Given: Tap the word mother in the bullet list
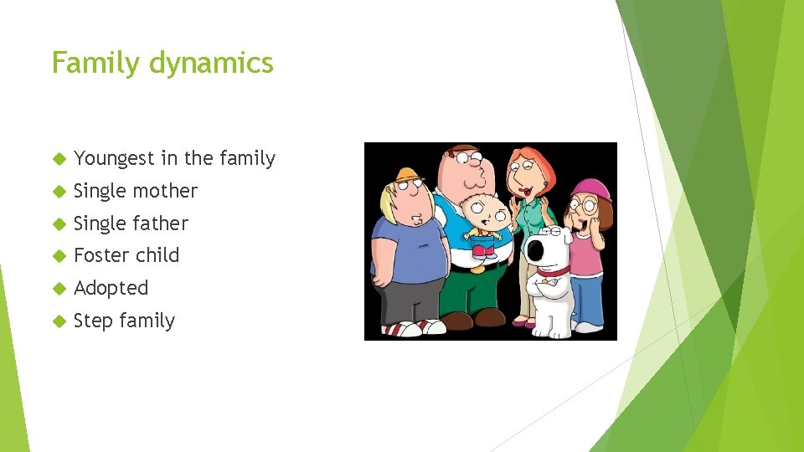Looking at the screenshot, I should [x=169, y=191].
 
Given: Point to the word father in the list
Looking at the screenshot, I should [x=164, y=223].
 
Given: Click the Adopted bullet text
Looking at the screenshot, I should [x=111, y=288].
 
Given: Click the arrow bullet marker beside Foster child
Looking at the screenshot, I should [x=58, y=256].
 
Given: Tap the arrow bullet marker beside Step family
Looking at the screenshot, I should [x=58, y=321].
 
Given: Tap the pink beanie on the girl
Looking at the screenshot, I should [x=591, y=188].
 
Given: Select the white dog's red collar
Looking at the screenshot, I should [x=553, y=270].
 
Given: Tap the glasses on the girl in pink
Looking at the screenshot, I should [x=585, y=204].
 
